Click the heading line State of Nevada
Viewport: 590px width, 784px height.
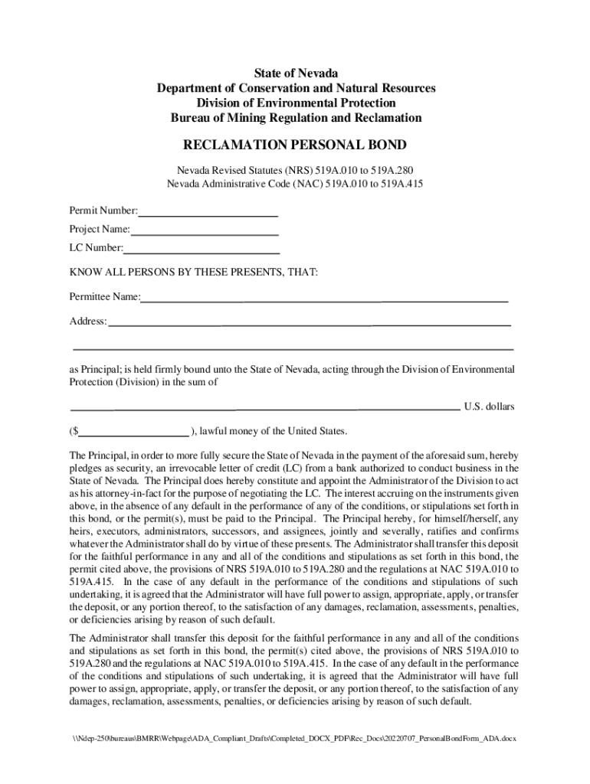tap(295, 73)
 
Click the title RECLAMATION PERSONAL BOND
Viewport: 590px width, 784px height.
tap(295, 145)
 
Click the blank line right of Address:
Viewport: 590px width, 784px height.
tap(309, 322)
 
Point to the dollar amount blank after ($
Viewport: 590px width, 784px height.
tap(133, 430)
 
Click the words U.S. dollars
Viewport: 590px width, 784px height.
tap(489, 407)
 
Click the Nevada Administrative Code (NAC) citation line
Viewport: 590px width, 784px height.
tap(295, 184)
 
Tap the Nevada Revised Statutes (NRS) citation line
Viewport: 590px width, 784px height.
tap(295, 169)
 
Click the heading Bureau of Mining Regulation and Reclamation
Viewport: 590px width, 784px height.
tap(295, 118)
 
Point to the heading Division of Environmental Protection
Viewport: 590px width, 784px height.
tap(295, 103)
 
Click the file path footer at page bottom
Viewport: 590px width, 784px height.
tap(295, 738)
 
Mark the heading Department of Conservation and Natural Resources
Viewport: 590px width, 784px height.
tap(295, 88)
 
